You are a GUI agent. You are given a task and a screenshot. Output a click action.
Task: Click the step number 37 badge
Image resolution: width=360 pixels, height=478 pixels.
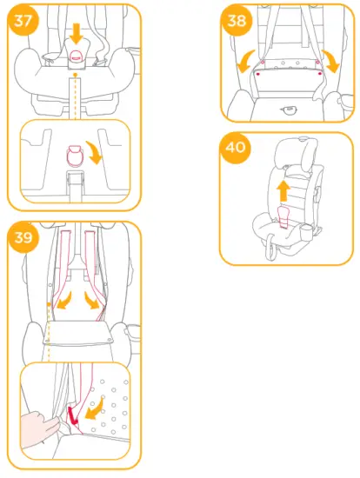coord(23,23)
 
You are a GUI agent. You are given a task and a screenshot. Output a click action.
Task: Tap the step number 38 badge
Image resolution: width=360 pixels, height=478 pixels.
coord(237,21)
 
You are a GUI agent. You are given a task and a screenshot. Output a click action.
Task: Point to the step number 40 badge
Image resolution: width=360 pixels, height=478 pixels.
coord(235,148)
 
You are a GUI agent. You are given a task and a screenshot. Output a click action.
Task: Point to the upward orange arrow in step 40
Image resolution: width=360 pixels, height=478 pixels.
coord(283,189)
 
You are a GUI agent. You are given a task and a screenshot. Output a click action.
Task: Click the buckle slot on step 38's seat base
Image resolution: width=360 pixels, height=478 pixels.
coord(287,110)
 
